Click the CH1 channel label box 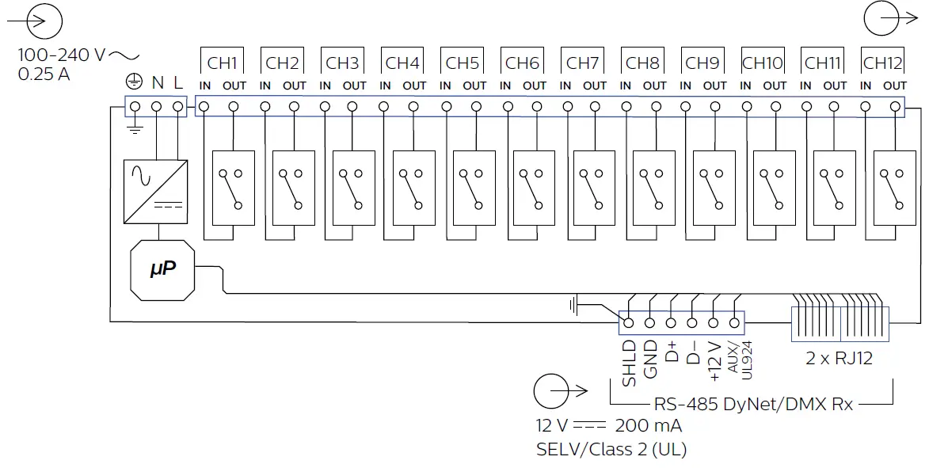coord(223,63)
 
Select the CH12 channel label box coord(882,63)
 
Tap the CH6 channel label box coord(523,63)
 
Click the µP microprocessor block coord(162,270)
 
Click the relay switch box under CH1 coord(234,188)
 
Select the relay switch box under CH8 coord(653,188)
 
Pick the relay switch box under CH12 coord(894,188)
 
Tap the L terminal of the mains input coord(177,106)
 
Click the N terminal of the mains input coord(157,106)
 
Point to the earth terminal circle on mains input coord(135,106)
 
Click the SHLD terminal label coord(629,363)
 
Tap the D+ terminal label coord(671,353)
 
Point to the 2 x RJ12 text coord(839,358)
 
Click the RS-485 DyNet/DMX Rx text coord(753,404)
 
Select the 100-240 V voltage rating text coord(62,55)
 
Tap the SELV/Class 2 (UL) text coord(611,450)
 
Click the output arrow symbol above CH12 coord(885,19)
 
